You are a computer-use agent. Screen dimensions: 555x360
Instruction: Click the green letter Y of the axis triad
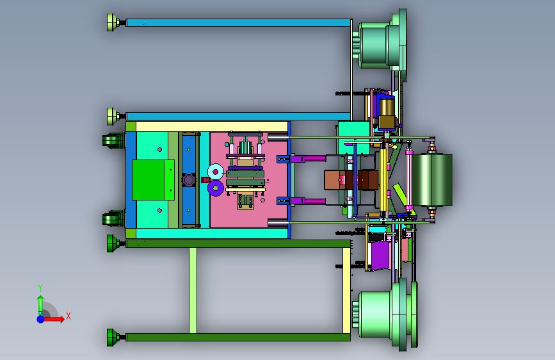point(40,288)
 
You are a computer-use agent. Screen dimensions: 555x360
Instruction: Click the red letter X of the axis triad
point(68,316)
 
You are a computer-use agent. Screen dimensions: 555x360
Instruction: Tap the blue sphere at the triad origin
point(41,319)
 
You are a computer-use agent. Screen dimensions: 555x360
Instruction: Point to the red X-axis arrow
point(54,319)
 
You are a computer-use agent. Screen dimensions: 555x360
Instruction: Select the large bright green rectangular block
point(153,180)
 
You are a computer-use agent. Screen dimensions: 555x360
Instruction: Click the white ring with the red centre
point(216,172)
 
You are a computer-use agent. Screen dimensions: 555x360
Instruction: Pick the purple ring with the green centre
point(216,188)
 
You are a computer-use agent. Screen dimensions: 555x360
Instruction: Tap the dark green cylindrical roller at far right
point(432,179)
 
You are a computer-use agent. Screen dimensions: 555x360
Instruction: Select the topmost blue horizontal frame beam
point(239,22)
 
